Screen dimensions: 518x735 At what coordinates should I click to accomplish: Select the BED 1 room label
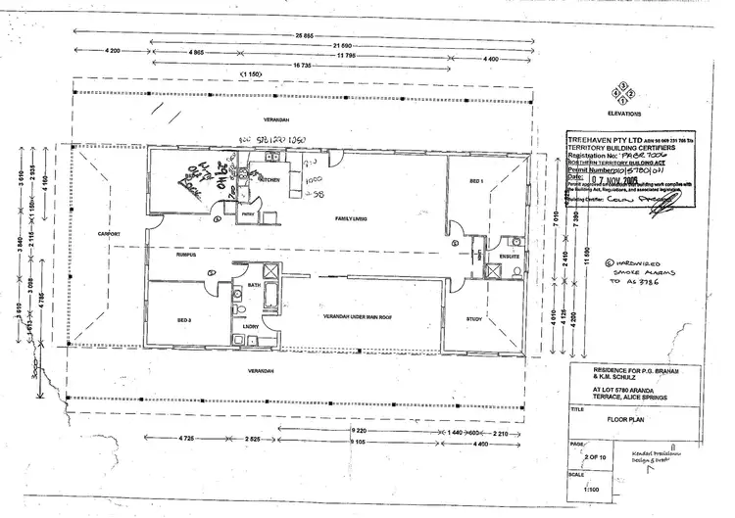point(476,182)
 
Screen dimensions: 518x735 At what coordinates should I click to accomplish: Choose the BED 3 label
point(182,320)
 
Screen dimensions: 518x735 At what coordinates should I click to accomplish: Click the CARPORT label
point(108,235)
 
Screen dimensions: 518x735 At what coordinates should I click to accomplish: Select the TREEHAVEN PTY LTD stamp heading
point(604,140)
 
